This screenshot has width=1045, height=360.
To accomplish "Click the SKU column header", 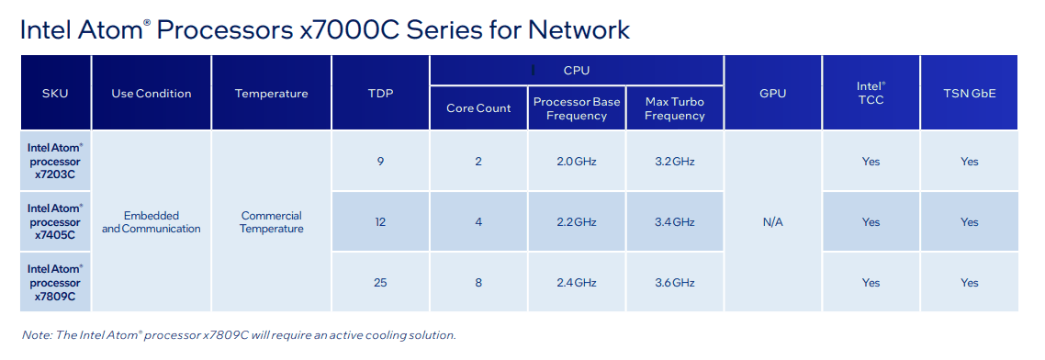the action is (55, 94).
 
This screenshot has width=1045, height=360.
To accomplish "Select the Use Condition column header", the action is (152, 94).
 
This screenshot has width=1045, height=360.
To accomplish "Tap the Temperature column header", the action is (271, 94).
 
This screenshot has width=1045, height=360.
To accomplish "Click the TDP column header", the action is (380, 94).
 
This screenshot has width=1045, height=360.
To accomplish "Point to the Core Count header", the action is (478, 108).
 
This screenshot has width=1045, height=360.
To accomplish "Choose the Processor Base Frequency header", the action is (577, 108).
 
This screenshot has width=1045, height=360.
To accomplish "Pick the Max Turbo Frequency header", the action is (674, 108).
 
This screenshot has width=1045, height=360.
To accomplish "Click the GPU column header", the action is (773, 94).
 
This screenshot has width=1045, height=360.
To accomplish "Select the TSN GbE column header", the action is (969, 94).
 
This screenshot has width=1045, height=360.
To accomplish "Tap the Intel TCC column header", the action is (871, 93).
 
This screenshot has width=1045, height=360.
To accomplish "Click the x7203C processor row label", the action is (55, 162).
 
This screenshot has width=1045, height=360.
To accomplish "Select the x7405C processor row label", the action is (55, 222).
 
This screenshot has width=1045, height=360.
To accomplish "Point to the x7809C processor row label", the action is (55, 282).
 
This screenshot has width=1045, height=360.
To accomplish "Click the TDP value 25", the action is (380, 283).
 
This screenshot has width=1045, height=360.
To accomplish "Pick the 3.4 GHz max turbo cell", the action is (674, 222).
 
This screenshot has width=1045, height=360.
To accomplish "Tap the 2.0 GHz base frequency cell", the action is (577, 162).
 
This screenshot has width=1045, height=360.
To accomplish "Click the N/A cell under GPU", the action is (773, 222).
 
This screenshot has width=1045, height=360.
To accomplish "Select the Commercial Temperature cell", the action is (271, 222).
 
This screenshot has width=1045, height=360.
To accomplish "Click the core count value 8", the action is (478, 283).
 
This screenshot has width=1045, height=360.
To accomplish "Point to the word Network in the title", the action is (579, 30).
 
